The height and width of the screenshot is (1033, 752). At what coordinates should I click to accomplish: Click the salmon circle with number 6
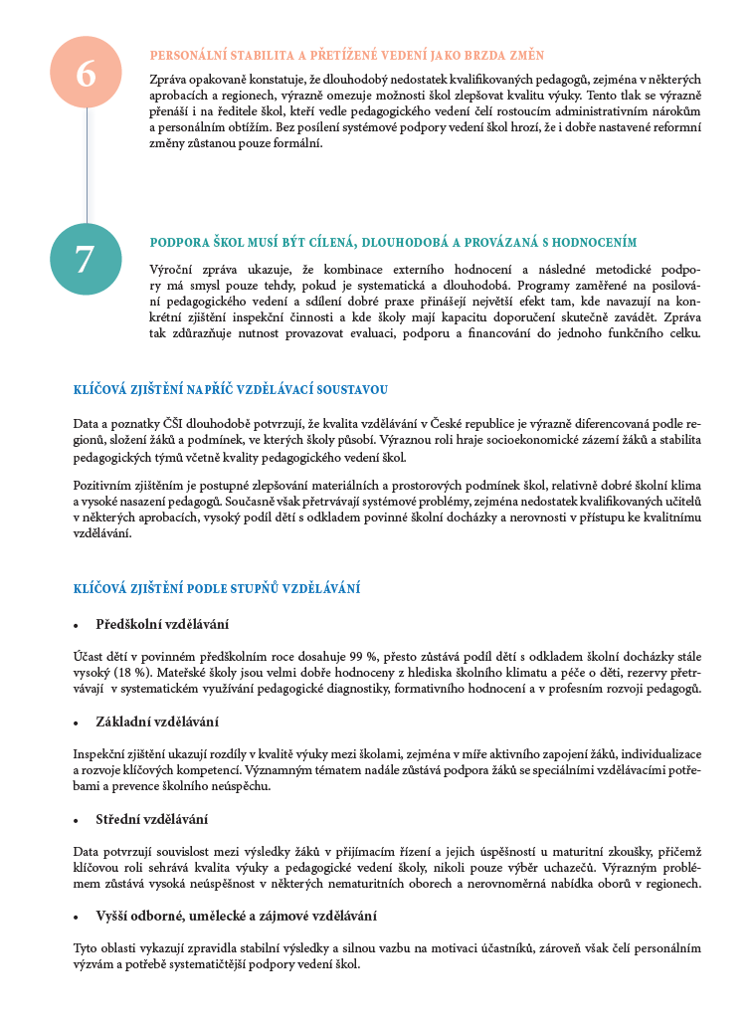click(x=86, y=73)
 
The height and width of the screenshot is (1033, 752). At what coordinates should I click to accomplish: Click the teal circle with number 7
click(x=86, y=259)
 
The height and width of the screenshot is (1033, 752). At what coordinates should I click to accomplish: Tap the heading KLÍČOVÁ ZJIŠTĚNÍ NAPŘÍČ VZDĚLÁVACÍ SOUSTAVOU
click(x=231, y=389)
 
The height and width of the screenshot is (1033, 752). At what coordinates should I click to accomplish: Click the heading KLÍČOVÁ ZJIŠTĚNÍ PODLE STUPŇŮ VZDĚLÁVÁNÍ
click(x=217, y=588)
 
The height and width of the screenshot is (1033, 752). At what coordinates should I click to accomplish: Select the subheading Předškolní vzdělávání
click(x=162, y=624)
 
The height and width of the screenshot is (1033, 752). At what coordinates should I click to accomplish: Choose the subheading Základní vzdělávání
click(x=157, y=722)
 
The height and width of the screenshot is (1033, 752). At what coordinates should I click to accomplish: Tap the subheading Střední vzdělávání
click(x=151, y=819)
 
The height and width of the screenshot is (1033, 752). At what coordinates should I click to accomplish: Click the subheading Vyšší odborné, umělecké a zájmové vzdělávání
click(x=236, y=916)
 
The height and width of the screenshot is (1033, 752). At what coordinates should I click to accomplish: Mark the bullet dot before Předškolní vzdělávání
click(x=77, y=626)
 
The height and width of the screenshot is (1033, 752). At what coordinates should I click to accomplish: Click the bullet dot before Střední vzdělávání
click(x=77, y=821)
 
